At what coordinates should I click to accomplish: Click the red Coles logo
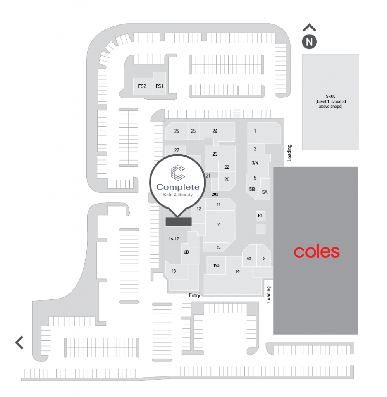(x=316, y=252)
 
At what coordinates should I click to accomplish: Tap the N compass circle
(x=309, y=42)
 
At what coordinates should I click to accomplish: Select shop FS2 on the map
(x=142, y=86)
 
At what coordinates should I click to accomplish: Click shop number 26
(x=177, y=131)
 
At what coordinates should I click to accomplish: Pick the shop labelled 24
(x=215, y=131)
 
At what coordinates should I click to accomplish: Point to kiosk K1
(x=260, y=216)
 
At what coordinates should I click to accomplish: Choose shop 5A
(x=265, y=192)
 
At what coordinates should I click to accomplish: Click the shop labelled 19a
(x=216, y=266)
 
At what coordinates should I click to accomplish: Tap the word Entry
(x=194, y=295)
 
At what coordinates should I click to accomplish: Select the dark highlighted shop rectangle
(x=179, y=222)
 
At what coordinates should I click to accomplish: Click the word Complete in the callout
(x=178, y=187)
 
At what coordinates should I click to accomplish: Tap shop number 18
(x=174, y=271)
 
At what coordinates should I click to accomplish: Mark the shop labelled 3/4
(x=255, y=163)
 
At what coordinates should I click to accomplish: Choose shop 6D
(x=186, y=252)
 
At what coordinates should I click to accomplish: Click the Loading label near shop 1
(x=289, y=153)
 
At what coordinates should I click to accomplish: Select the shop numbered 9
(x=218, y=224)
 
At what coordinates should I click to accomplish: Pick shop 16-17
(x=174, y=239)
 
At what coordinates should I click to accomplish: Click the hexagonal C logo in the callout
(x=177, y=173)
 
